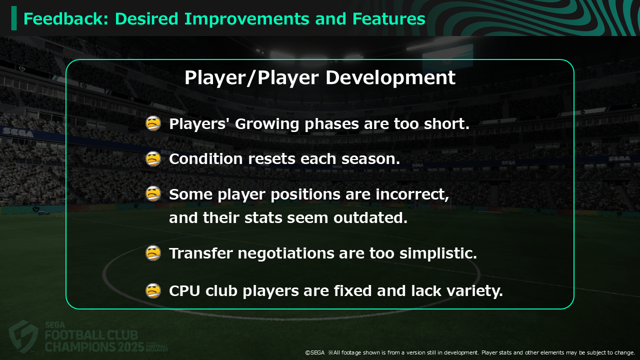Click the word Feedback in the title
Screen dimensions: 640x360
point(65,19)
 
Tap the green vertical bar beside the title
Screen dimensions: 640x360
point(14,18)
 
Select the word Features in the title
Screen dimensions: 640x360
point(389,19)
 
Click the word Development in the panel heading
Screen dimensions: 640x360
point(390,77)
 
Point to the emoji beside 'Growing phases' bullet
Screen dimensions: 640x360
point(153,123)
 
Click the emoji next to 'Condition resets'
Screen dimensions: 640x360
point(153,158)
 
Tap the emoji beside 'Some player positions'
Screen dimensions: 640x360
point(153,193)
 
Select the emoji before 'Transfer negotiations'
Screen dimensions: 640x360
point(153,253)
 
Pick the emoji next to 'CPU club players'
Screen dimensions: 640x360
point(153,291)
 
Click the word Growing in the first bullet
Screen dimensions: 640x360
point(267,124)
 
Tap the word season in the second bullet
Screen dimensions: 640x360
point(370,159)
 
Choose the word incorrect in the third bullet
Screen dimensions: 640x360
point(412,194)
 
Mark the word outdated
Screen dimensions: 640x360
point(370,217)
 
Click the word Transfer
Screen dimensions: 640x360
point(201,253)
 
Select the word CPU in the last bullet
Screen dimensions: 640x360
point(184,291)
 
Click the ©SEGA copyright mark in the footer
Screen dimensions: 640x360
point(315,352)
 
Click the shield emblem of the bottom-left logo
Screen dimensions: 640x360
point(23,336)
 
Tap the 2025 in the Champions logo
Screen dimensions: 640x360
point(130,347)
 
